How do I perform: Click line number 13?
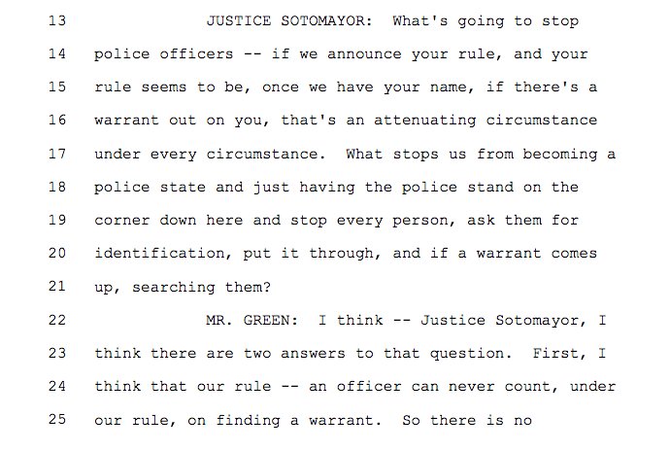(x=54, y=21)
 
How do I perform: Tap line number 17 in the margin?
(x=54, y=154)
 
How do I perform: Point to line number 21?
(x=54, y=286)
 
